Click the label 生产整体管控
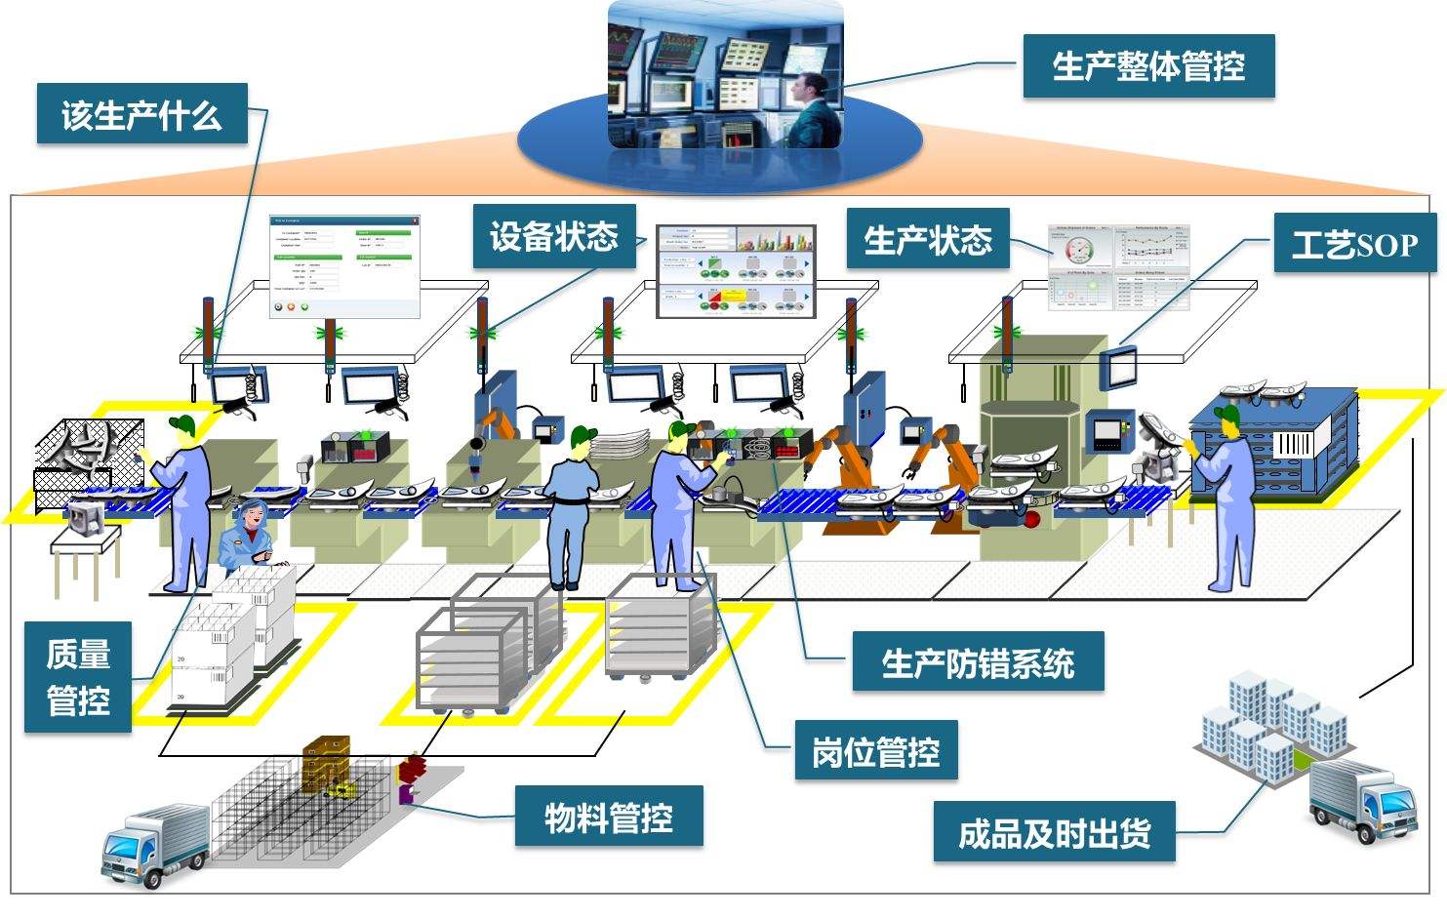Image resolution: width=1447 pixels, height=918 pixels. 1147,66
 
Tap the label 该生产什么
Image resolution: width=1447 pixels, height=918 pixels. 141,114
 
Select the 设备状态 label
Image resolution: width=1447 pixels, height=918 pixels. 553,236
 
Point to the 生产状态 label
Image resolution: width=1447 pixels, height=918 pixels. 927,239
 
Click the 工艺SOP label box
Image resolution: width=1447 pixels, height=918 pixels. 1354,244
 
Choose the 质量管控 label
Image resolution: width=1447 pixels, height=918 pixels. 77,677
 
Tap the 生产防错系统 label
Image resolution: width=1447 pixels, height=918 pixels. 977,663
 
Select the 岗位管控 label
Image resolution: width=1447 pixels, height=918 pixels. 874,750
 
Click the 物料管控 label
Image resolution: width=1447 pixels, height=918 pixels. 608,816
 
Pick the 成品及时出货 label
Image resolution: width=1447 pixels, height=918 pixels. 1053,832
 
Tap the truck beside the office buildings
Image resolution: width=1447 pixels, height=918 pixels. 1361,800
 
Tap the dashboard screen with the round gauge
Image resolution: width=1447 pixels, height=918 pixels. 1119,266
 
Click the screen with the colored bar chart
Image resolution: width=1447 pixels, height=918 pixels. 735,271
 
